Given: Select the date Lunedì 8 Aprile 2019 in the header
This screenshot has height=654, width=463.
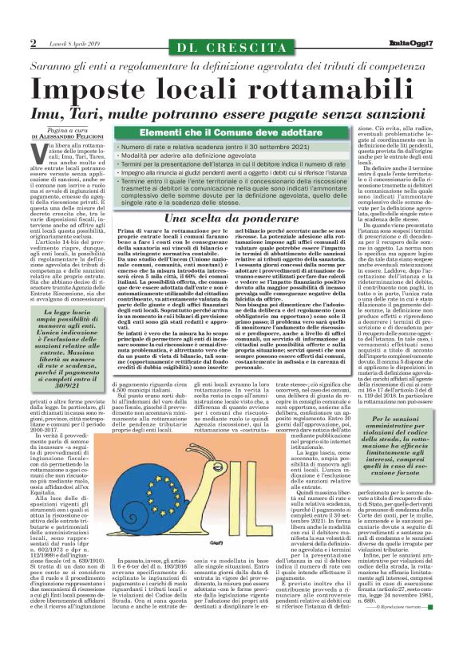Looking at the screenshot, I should pyautogui.click(x=73, y=43).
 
